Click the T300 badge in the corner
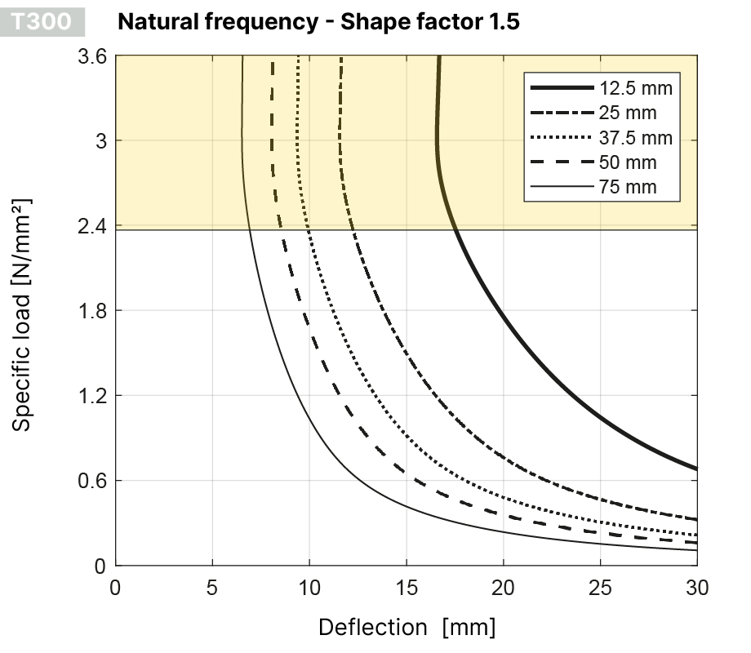pos(47,21)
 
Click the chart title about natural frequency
pos(318,21)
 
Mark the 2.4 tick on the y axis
pos(93,226)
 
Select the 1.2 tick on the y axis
pos(93,396)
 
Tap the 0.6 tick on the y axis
pos(93,481)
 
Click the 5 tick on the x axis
pos(212,585)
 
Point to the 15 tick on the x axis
pos(406,585)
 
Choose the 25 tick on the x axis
pos(600,585)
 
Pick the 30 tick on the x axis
pos(696,585)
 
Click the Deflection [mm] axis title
pos(406,627)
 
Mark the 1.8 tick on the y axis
pos(93,311)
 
